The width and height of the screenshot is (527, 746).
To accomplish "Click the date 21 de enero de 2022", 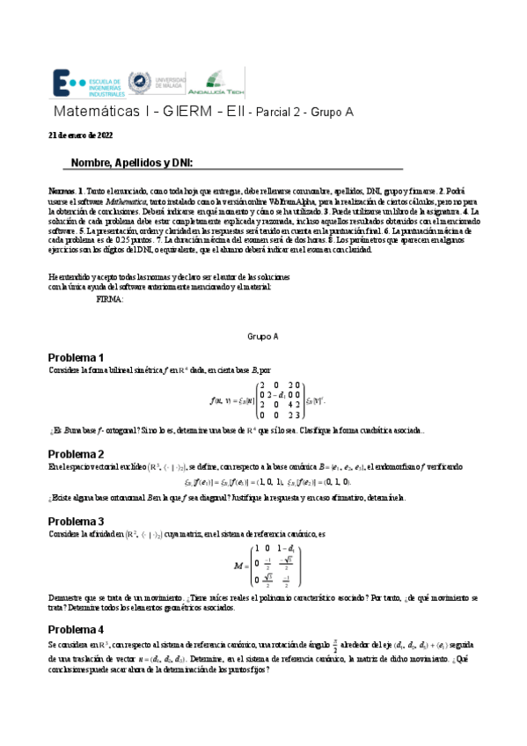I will point(80,135).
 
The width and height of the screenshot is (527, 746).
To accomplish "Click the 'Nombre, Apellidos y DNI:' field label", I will point(131,163).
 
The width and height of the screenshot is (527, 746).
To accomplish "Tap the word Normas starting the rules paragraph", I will point(62,190).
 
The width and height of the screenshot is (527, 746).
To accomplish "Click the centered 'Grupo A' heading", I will point(263,337).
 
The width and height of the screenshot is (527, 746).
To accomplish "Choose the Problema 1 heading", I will point(76,358).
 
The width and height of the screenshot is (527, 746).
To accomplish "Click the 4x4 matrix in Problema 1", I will point(279,401).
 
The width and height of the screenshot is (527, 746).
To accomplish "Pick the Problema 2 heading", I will point(76,453).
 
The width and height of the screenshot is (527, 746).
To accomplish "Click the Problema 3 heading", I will point(76,521).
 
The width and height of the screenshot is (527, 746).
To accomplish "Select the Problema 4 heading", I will point(76,630).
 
